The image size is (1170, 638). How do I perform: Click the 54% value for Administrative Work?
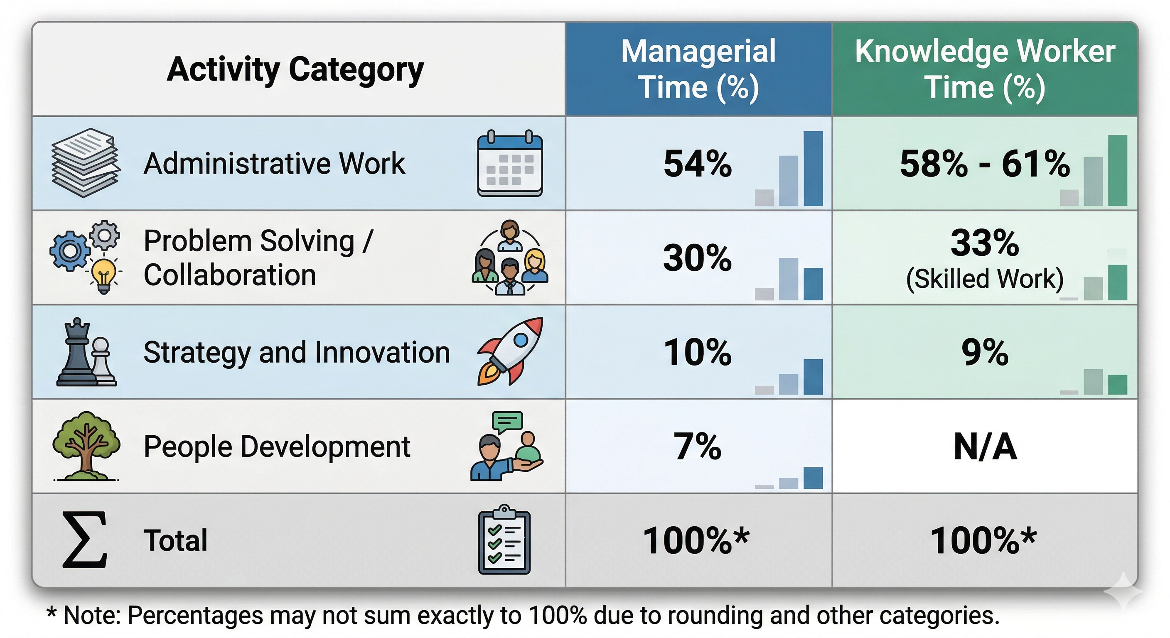(x=698, y=164)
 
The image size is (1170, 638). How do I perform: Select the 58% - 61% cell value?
(x=985, y=164)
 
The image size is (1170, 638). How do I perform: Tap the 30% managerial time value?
(x=698, y=258)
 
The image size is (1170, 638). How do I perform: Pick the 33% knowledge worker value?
(x=985, y=243)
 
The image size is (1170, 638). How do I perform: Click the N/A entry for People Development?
(x=985, y=447)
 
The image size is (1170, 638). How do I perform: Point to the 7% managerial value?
(x=698, y=447)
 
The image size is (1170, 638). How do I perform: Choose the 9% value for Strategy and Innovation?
(x=985, y=352)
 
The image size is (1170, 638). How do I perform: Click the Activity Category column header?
(x=295, y=70)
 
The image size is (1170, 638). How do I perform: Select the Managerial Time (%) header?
(x=698, y=69)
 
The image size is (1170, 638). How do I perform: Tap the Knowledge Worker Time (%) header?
(x=985, y=69)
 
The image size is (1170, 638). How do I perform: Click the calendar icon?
(x=510, y=164)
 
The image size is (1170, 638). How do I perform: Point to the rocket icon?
(x=510, y=351)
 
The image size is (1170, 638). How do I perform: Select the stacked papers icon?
(x=86, y=163)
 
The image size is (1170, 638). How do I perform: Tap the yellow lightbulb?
(x=104, y=276)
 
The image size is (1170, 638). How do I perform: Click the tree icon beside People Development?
(x=86, y=446)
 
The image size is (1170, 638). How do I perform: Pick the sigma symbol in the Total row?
(x=84, y=540)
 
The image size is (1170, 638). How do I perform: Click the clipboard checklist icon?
(x=504, y=540)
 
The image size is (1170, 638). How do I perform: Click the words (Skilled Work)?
(x=985, y=279)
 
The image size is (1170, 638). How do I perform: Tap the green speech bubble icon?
(x=507, y=422)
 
